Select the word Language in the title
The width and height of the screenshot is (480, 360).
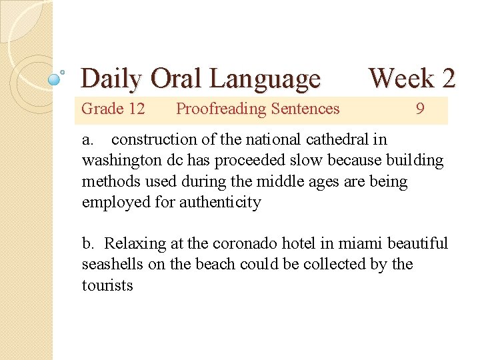(265, 79)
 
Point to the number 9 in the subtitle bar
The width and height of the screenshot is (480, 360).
(419, 109)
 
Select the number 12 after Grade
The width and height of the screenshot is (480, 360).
(136, 109)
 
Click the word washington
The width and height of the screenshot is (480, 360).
(119, 161)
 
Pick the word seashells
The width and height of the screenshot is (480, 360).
(110, 265)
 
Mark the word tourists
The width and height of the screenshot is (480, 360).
(107, 285)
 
